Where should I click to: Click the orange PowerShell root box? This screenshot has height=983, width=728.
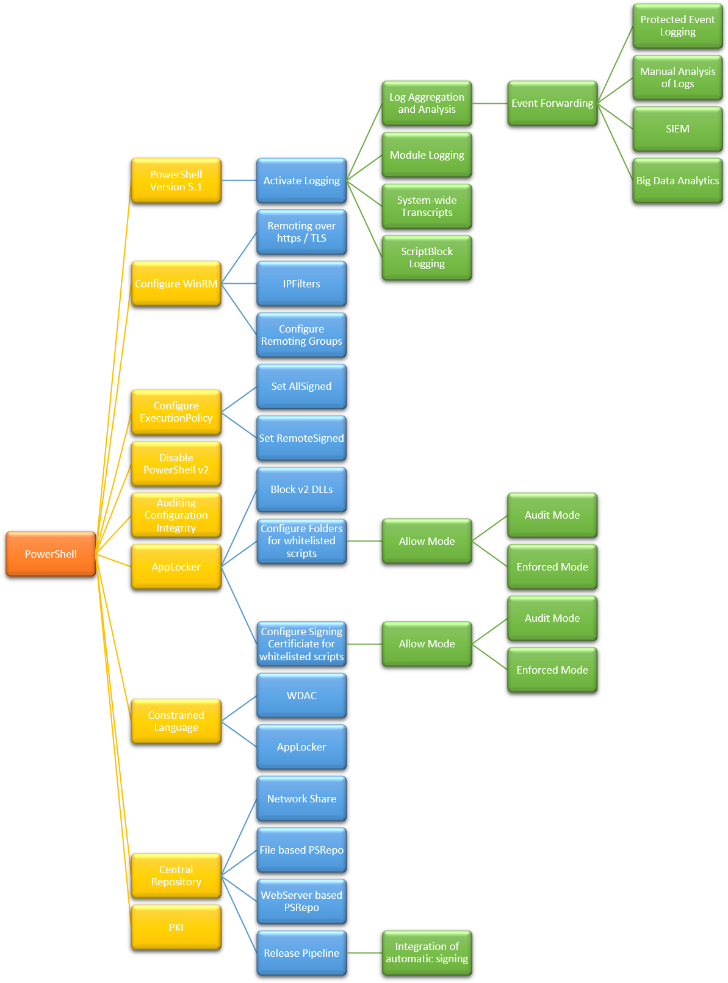pyautogui.click(x=51, y=553)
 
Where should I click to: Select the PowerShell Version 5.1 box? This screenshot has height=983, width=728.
pyautogui.click(x=176, y=181)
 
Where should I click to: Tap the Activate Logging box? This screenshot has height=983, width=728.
pyautogui.click(x=301, y=181)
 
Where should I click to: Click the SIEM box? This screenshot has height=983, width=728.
pyautogui.click(x=677, y=129)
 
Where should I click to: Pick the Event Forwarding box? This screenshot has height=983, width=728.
pyautogui.click(x=552, y=103)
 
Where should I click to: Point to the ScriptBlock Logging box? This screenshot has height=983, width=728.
pyautogui.click(x=427, y=257)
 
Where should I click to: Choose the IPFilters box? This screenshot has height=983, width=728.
pyautogui.click(x=301, y=284)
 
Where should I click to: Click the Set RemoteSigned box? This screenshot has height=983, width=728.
pyautogui.click(x=301, y=438)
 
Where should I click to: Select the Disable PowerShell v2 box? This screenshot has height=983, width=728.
pyautogui.click(x=176, y=464)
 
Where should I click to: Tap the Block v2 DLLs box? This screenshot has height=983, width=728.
pyautogui.click(x=301, y=489)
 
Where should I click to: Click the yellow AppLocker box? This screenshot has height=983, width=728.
pyautogui.click(x=176, y=567)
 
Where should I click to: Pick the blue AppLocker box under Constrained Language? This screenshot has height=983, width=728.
pyautogui.click(x=301, y=747)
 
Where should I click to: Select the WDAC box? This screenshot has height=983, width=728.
pyautogui.click(x=301, y=696)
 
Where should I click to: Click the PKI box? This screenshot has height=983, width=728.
pyautogui.click(x=176, y=927)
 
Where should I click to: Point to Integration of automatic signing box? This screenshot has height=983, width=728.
pyautogui.click(x=427, y=952)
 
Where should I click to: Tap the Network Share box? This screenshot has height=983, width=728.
pyautogui.click(x=301, y=799)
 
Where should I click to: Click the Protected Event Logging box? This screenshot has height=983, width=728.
pyautogui.click(x=677, y=26)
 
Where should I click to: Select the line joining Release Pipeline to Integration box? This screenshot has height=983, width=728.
pyautogui.click(x=364, y=953)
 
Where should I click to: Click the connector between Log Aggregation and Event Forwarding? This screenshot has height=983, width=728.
pyautogui.click(x=489, y=104)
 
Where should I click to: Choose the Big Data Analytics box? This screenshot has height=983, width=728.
pyautogui.click(x=677, y=181)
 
